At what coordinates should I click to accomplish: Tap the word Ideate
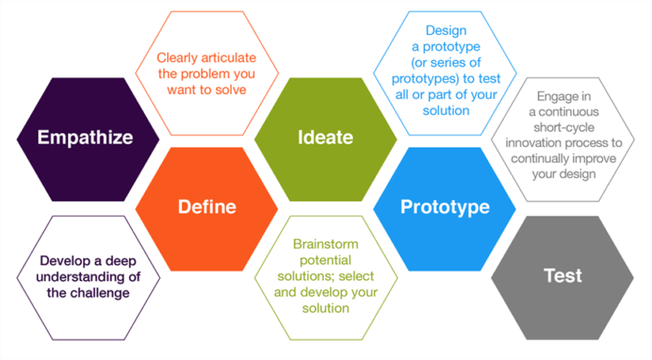point(325,137)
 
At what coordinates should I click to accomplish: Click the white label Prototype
point(444,206)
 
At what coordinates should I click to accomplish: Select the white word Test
point(563,275)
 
